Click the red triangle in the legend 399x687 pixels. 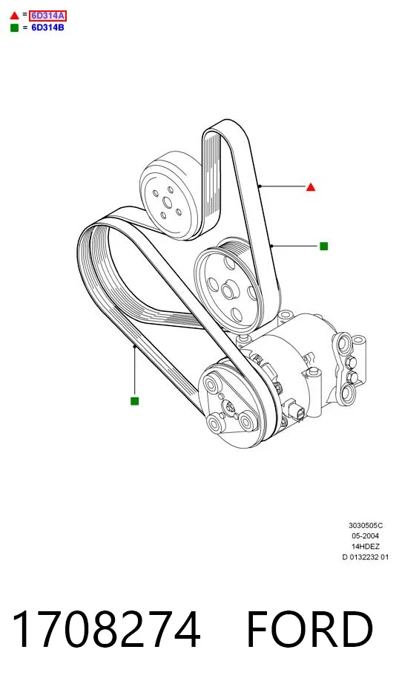tap(14, 16)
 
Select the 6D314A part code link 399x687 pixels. tap(47, 16)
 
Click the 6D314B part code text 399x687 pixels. tap(47, 27)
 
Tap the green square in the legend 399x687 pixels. tap(14, 27)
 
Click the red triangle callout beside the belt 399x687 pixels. tap(311, 187)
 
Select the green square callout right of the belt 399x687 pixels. tap(324, 247)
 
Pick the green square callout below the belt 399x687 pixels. tap(135, 401)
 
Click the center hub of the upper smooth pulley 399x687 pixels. tap(167, 203)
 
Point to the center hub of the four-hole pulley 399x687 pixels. tap(228, 290)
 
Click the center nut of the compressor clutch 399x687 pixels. tap(228, 407)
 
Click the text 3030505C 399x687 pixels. tap(366, 525)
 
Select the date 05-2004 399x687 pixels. tap(366, 535)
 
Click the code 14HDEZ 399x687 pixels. tap(366, 547)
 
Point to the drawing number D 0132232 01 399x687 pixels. tap(366, 557)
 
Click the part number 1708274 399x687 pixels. tap(106, 630)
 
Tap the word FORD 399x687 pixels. tap(310, 630)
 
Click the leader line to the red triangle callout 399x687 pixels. tap(283, 186)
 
